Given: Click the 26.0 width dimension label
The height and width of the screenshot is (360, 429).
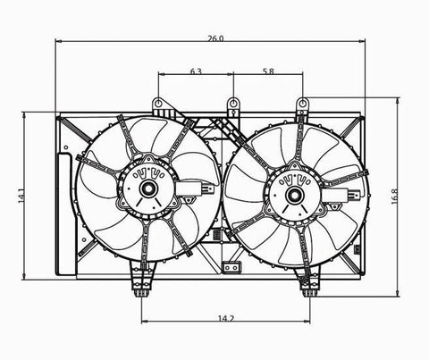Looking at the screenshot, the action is tap(215, 38).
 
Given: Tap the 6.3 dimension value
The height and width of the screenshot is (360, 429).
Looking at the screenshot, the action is tap(196, 71).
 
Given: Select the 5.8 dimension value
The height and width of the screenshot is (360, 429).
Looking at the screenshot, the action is tap(268, 71).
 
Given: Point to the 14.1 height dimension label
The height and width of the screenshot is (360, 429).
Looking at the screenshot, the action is tap(21, 196).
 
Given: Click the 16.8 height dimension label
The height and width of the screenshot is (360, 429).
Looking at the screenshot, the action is tap(394, 197).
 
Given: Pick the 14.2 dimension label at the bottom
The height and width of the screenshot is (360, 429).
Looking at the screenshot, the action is tap(226, 318).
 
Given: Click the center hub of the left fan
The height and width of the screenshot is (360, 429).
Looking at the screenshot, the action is tap(148, 188).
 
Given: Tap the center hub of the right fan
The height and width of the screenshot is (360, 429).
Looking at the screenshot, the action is tap(294, 196).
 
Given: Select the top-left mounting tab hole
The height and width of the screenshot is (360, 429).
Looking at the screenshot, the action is tap(159, 103).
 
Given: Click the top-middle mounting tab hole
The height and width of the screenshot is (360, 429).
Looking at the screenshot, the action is tap(233, 104).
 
